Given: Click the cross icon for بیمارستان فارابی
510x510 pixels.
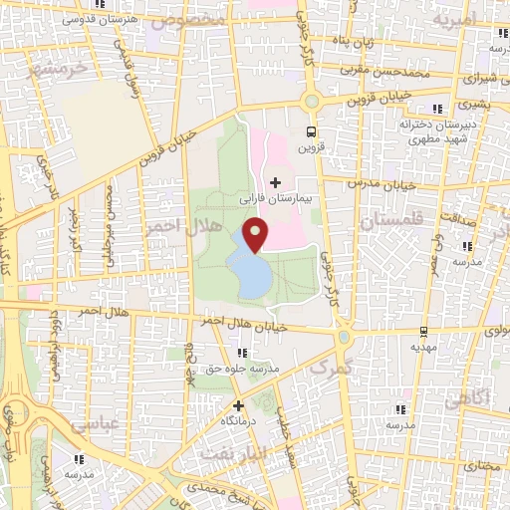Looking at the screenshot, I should pyautogui.click(x=276, y=182).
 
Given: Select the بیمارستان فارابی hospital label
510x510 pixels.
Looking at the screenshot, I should pyautogui.click(x=276, y=199).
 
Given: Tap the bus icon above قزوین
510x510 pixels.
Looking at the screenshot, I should pyautogui.click(x=312, y=130).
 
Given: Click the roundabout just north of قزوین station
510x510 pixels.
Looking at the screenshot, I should pyautogui.click(x=312, y=101).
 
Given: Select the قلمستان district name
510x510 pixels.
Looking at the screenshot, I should pyautogui.click(x=382, y=222).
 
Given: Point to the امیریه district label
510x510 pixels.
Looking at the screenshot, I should pyautogui.click(x=471, y=17).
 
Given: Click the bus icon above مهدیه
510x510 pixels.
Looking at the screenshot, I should pyautogui.click(x=425, y=331).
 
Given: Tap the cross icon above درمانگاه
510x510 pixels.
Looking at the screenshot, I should pyautogui.click(x=238, y=405).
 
